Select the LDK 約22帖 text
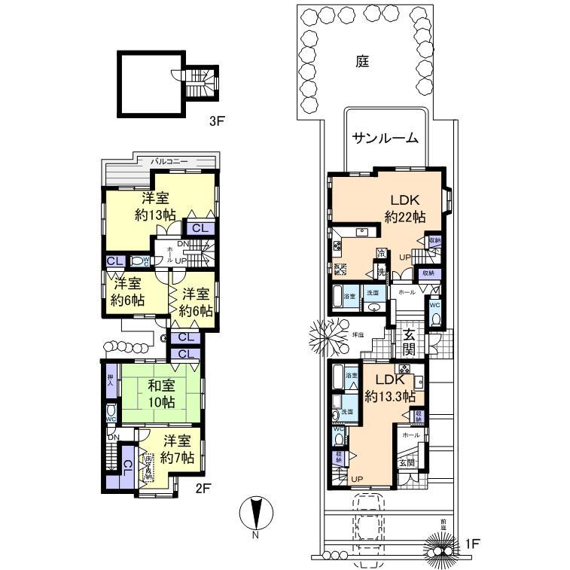point(404,209)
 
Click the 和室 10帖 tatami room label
point(161,393)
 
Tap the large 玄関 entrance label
point(409,342)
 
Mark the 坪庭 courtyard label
point(359,334)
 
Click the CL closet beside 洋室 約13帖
point(201,228)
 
